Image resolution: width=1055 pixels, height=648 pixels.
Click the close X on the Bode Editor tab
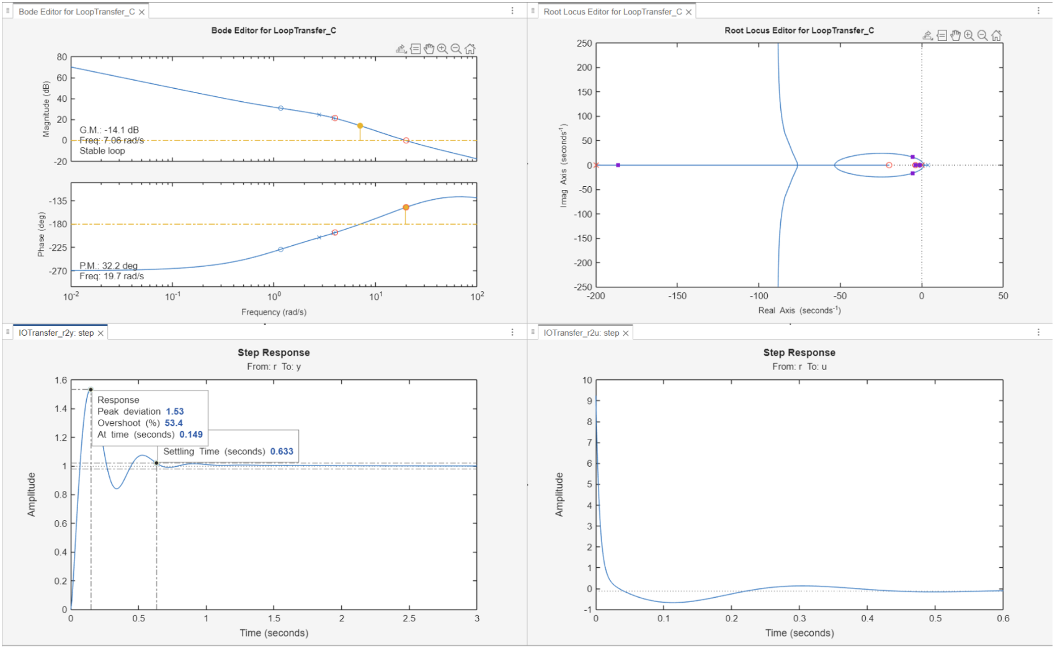coord(141,12)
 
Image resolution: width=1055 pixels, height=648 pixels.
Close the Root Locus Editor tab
coord(688,12)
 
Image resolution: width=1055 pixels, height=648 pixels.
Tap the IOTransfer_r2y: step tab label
coord(56,333)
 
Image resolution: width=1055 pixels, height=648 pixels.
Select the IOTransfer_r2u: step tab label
coord(581,333)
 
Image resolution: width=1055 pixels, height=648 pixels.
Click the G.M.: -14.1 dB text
coord(109,130)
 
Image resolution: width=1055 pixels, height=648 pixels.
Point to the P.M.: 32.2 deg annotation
coord(109,265)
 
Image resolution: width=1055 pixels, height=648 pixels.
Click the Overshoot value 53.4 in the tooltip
coord(174,423)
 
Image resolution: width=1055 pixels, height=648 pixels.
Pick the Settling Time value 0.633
coord(282,451)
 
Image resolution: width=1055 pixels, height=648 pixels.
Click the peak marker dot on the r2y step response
coord(91,389)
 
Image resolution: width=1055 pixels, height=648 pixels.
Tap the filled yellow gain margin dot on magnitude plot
coord(360,126)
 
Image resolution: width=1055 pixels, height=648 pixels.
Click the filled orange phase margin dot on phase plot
coord(406,207)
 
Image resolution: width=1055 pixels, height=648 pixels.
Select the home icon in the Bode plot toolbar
coord(470,48)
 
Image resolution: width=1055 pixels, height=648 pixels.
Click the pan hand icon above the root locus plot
coord(955,35)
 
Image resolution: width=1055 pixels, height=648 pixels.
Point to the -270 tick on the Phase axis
coord(58,271)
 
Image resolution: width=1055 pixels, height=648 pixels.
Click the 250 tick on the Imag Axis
coord(584,43)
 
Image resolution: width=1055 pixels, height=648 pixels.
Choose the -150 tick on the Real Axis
coord(677,296)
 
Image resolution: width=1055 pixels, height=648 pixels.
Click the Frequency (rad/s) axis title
coord(274,312)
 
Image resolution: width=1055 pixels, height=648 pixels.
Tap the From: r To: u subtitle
coord(799,367)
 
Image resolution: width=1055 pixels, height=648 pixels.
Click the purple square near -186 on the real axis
coord(618,165)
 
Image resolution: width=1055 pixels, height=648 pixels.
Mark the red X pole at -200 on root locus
coord(596,165)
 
